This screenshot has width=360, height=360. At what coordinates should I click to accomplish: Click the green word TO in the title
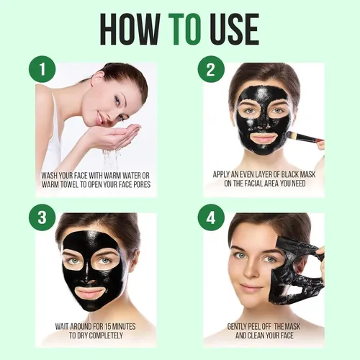[184, 29]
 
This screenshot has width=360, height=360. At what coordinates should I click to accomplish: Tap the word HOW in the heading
[130, 29]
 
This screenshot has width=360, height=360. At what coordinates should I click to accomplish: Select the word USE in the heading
[236, 29]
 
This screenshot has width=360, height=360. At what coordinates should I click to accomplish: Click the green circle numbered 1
[42, 69]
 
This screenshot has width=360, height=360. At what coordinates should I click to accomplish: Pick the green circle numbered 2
[211, 69]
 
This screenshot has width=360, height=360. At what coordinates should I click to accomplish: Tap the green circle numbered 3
[42, 217]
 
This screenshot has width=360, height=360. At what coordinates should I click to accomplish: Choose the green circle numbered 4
[211, 217]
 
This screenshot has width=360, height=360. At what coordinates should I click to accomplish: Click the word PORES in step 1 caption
[141, 184]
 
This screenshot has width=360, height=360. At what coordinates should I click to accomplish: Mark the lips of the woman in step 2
[264, 138]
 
